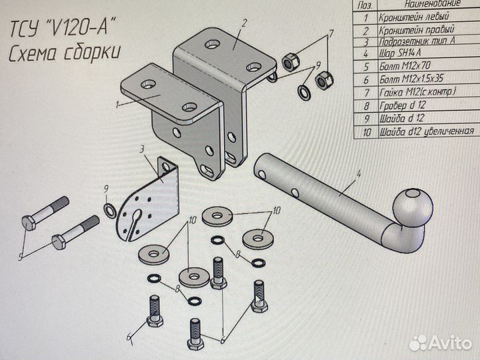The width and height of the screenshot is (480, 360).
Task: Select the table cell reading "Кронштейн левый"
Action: click(413, 16)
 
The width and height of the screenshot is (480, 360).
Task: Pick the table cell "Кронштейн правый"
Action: click(416, 30)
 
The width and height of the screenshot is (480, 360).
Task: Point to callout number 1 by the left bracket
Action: click(118, 105)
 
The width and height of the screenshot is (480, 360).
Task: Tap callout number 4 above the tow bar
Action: click(359, 175)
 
